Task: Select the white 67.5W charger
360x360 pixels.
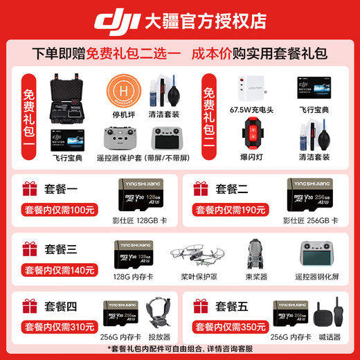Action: (252, 89)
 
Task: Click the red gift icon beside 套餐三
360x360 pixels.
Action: (29, 249)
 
